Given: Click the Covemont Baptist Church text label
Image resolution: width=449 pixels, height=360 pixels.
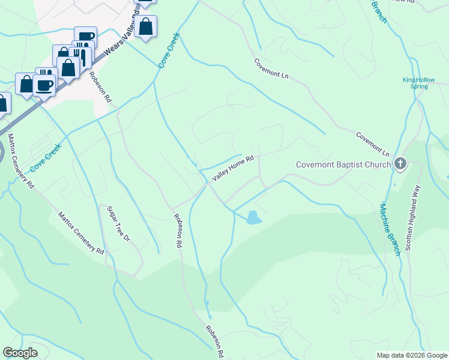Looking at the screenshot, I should pos(343,164).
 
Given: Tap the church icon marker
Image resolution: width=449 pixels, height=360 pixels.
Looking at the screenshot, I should pos(400,164).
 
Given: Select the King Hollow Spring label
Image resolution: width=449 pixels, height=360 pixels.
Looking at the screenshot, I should pos(415,83).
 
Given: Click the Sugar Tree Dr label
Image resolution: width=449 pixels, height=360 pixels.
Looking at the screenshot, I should pos(118,224).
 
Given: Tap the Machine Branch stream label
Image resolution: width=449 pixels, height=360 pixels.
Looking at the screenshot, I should pos(389,230).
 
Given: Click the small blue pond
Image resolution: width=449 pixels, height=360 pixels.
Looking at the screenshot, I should pos(254,218).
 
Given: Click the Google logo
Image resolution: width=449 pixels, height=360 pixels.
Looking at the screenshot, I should pos(20,353).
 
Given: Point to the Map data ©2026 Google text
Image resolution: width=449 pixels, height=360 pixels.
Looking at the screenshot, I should pos(411,355).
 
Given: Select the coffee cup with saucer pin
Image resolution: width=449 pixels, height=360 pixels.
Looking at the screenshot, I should pos(44,85).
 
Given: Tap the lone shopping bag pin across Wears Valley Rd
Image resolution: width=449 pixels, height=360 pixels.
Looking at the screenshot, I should pos(145,26).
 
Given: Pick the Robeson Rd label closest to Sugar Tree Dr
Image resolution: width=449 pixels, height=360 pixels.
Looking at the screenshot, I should pos(178,231).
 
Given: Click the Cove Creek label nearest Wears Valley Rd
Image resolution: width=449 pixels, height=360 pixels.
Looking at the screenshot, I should pos(169,50).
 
